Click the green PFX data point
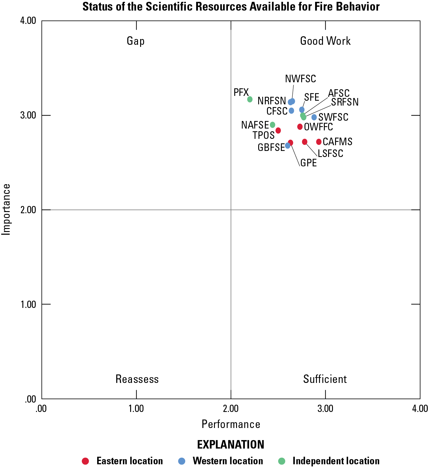250,99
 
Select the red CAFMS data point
319,142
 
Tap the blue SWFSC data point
314,117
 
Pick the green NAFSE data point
272,125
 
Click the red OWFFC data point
300,127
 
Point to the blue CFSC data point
291,111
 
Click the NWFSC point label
301,79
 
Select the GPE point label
308,163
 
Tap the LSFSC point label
331,154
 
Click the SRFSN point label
345,102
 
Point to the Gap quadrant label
136,41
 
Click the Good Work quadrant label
325,41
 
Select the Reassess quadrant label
137,379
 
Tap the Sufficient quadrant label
325,379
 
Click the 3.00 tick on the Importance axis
28,116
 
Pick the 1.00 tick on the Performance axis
136,409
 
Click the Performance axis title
231,424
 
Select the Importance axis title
6,209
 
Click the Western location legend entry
228,461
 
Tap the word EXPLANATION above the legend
231,445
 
